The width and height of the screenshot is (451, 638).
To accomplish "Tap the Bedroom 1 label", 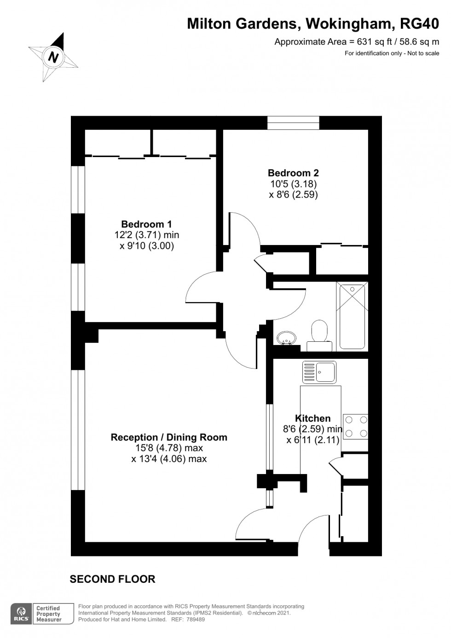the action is [x=146, y=224].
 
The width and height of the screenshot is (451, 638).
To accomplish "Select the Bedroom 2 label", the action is [x=293, y=173].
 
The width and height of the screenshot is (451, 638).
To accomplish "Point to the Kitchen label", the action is [x=313, y=418].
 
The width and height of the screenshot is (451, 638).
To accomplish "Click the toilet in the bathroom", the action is [x=319, y=335].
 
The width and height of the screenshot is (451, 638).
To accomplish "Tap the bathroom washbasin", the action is [x=286, y=338].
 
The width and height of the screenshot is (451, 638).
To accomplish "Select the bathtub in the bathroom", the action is [x=352, y=316].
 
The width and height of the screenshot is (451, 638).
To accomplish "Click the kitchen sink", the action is [x=319, y=372].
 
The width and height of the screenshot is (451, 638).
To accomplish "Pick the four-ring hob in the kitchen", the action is [x=356, y=427].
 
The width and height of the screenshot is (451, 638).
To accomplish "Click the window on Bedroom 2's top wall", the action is [x=293, y=123].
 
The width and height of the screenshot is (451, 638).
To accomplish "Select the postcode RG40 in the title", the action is [x=420, y=24].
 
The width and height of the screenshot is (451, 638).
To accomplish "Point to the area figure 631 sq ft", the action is [x=375, y=42].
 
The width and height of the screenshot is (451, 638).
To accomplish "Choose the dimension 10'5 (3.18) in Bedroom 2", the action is [x=293, y=184].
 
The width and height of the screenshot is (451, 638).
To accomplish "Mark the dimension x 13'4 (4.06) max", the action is [x=169, y=459].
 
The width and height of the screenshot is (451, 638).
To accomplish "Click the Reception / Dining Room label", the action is [x=169, y=437].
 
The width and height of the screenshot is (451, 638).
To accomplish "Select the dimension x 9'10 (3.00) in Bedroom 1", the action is [x=146, y=246].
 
